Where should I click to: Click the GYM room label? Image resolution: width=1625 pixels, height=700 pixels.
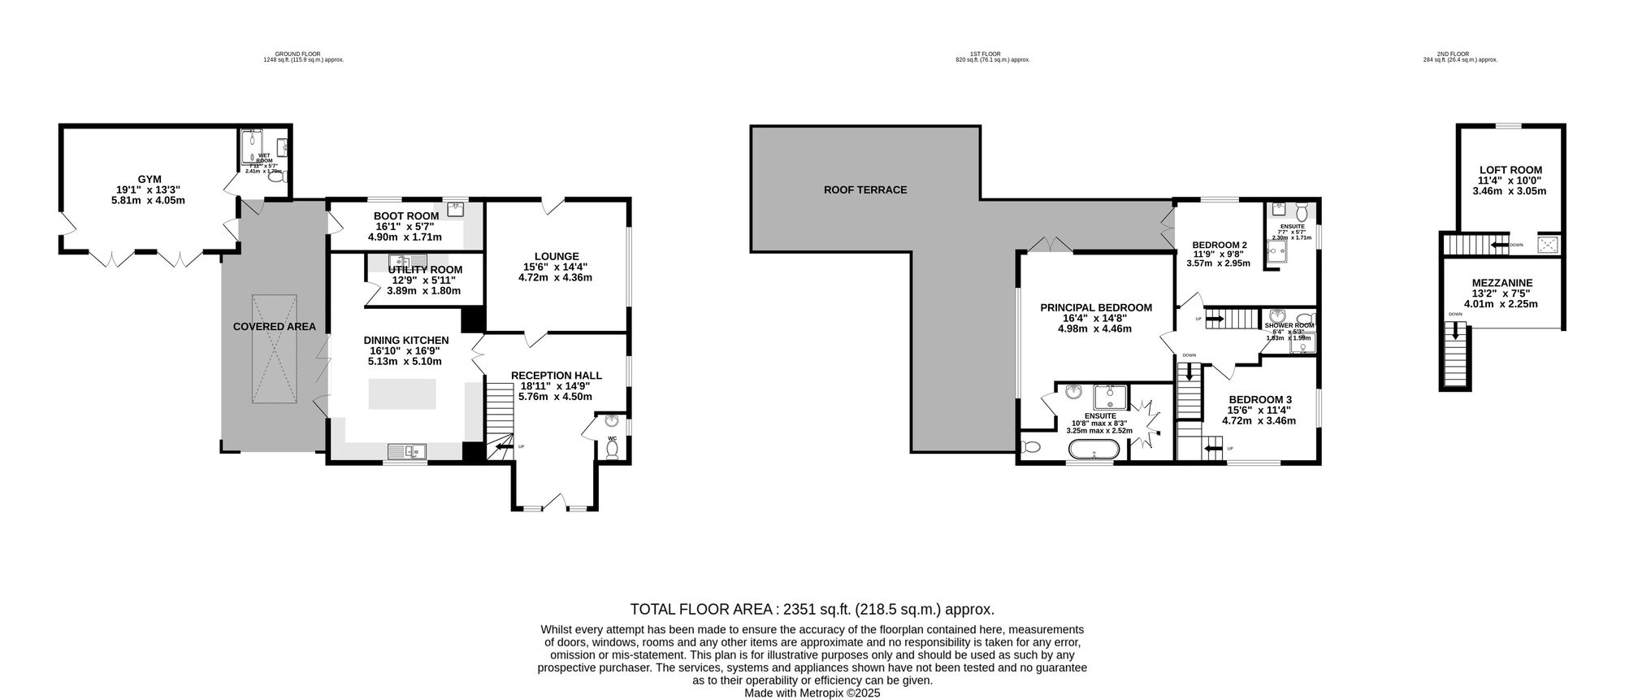coord(149,179)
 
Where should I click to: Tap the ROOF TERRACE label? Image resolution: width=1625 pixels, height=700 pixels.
coord(865,190)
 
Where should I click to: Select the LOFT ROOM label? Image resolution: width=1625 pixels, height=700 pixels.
coord(1510,170)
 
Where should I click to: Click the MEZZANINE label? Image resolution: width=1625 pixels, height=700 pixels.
coord(1501,283)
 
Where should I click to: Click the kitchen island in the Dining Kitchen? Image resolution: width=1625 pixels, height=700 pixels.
coord(402,394)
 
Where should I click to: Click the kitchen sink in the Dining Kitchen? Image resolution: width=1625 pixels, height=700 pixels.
coord(406,450)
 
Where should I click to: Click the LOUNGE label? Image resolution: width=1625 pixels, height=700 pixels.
coord(557,256)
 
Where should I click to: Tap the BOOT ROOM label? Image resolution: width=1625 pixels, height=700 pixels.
coord(406,216)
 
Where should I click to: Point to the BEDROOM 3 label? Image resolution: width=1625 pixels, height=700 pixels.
coord(1259,399)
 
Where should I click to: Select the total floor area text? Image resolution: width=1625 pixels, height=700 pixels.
coord(812,609)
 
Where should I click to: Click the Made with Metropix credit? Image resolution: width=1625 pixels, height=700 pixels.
coord(812,693)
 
